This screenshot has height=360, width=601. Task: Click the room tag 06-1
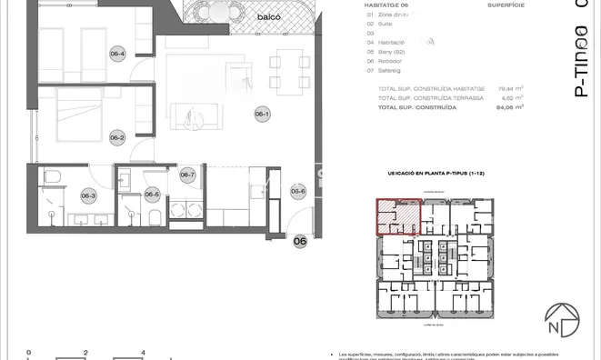pyautogui.click(x=262, y=114)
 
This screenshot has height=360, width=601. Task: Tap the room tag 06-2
pyautogui.click(x=116, y=138)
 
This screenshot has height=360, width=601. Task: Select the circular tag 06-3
pyautogui.click(x=88, y=195)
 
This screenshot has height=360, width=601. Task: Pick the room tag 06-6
pyautogui.click(x=298, y=191)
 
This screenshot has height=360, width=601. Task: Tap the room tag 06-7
pyautogui.click(x=187, y=175)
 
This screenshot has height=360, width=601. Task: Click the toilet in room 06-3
pyautogui.click(x=54, y=176)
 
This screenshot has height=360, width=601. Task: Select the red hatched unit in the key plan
pyautogui.click(x=398, y=217)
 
